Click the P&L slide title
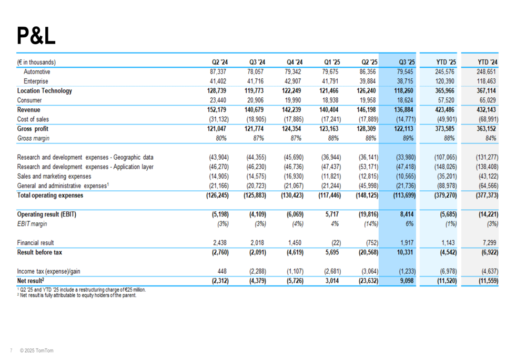coord(36,36)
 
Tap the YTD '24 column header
coord(488,62)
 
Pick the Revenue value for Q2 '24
coord(217,110)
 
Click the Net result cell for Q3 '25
coord(406,281)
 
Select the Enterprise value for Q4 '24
coord(292,81)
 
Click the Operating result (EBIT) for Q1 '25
coord(330,214)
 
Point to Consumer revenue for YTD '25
coord(445,100)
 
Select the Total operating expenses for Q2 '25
coord(367,196)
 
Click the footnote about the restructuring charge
coord(81,290)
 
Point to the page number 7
coord(11,351)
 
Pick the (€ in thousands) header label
coord(36,62)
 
